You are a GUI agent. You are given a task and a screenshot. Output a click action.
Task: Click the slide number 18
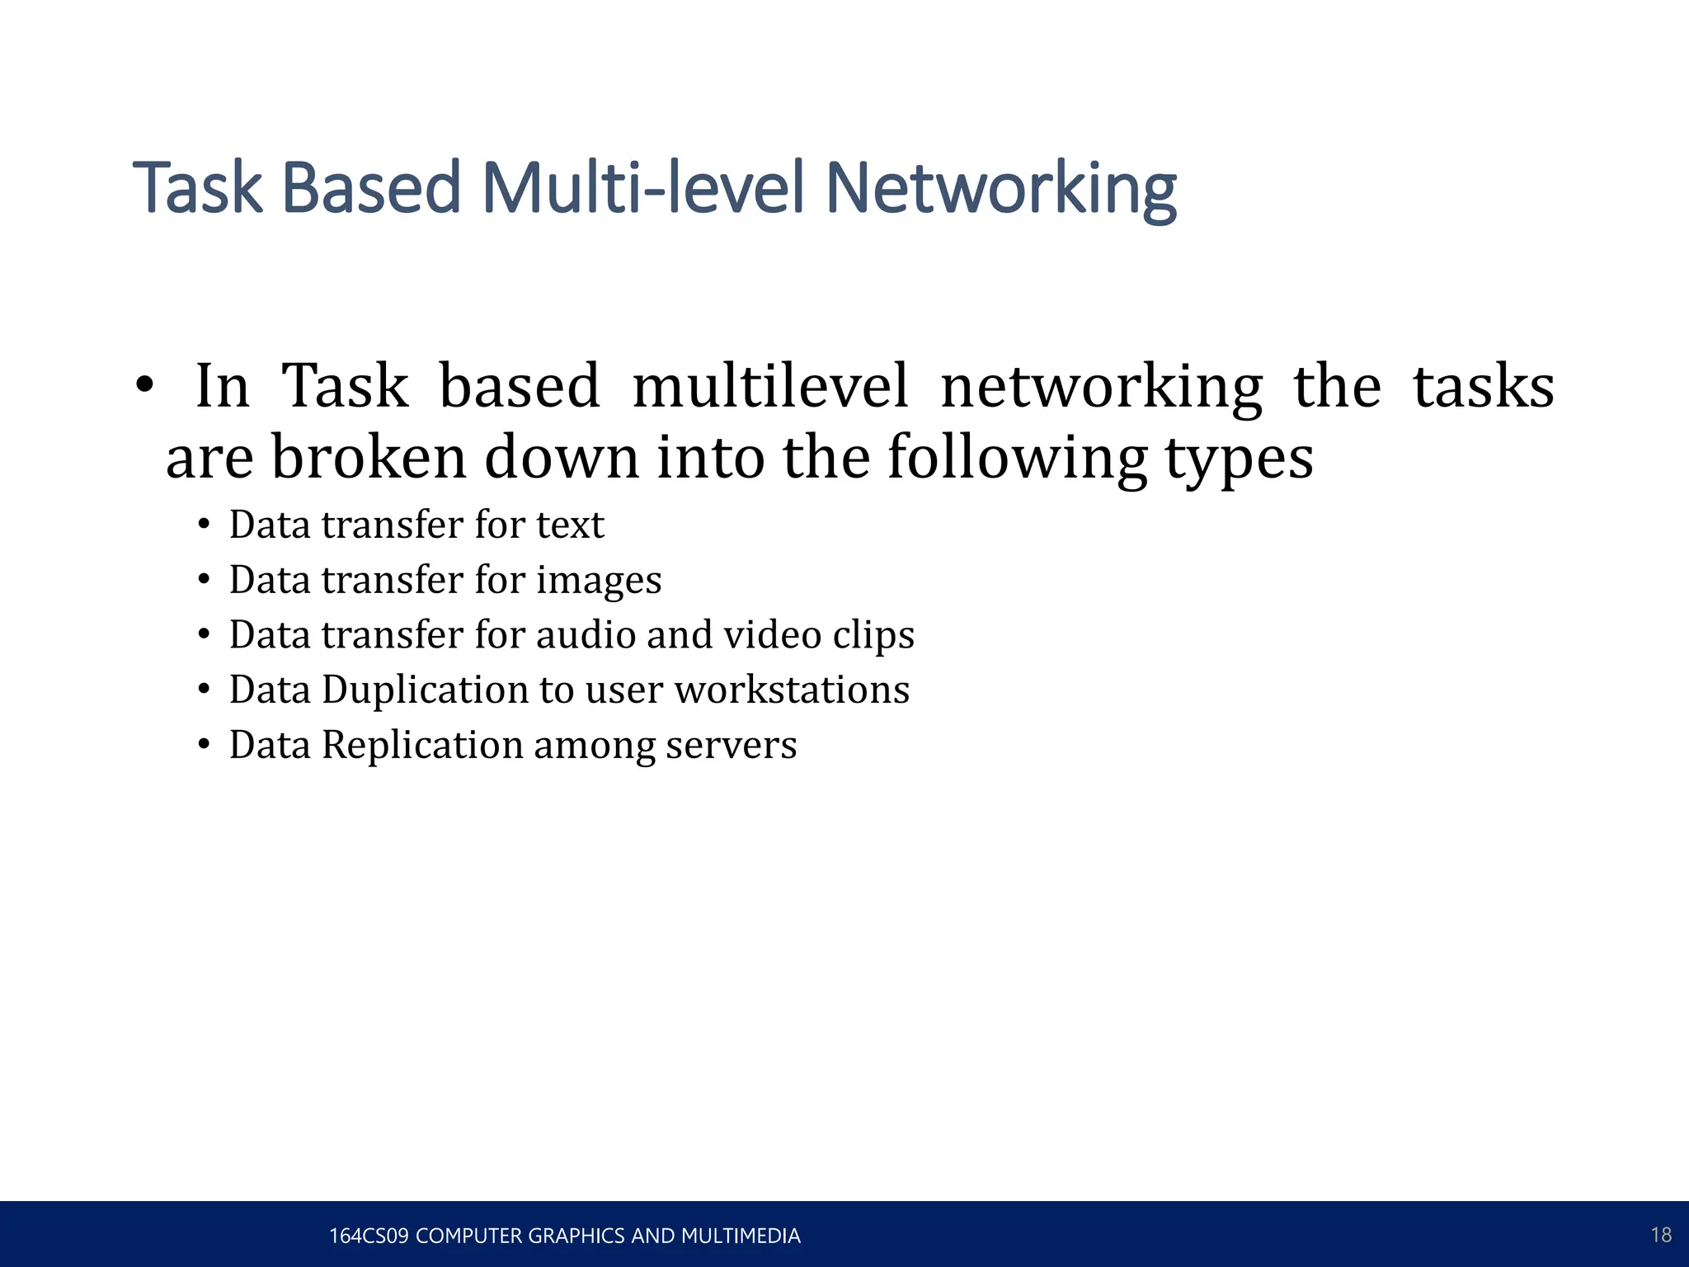(1661, 1235)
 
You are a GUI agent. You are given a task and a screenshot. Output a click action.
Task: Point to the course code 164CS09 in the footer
(369, 1236)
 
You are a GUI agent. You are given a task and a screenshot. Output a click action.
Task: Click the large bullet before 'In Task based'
(144, 385)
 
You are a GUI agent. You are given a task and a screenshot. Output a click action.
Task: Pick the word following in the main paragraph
(1018, 459)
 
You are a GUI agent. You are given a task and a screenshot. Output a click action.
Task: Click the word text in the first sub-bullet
(570, 525)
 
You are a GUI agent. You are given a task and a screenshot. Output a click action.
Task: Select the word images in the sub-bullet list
(599, 581)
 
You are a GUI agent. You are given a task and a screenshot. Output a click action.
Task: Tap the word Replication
(422, 746)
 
